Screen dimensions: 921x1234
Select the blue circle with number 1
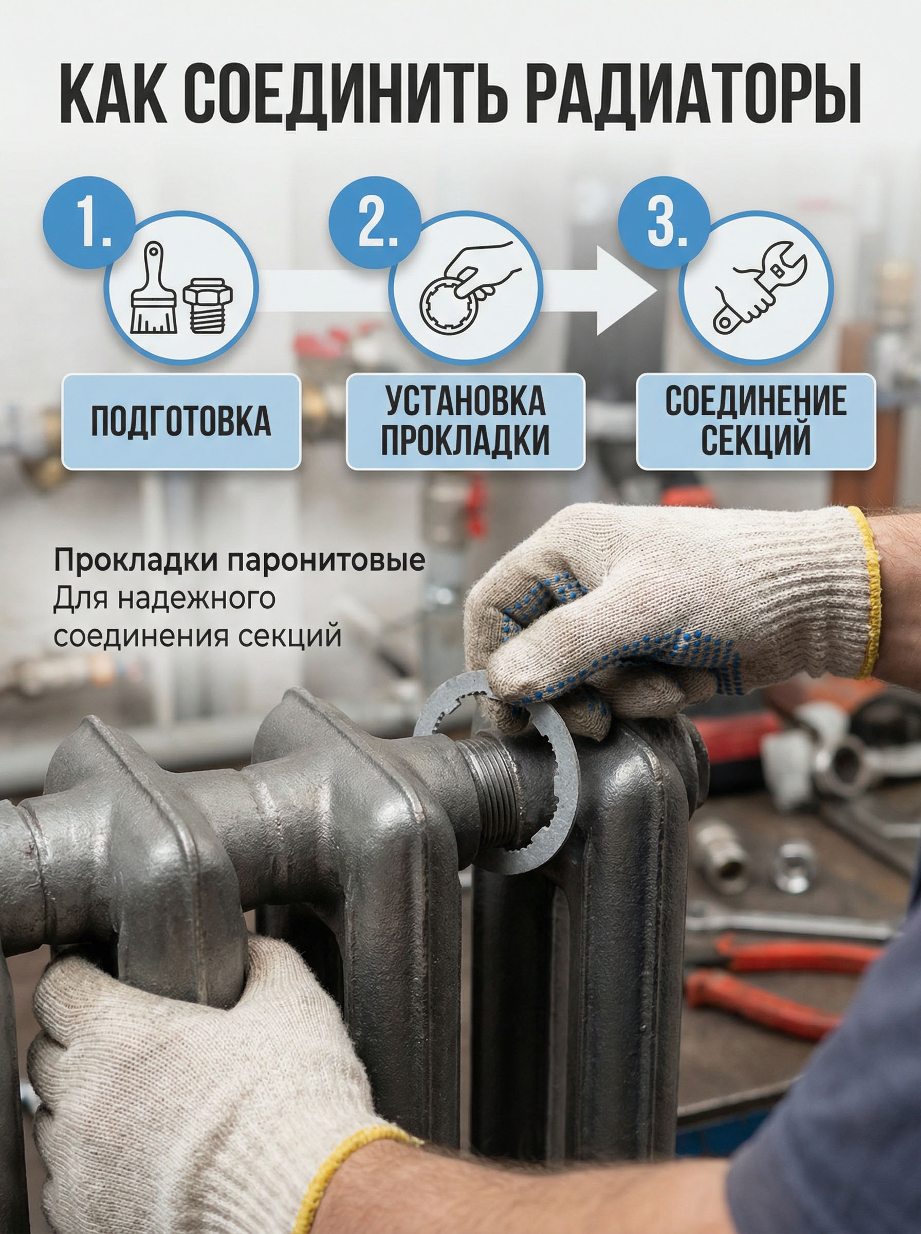pyautogui.click(x=89, y=222)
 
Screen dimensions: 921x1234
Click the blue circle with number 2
pyautogui.click(x=375, y=222)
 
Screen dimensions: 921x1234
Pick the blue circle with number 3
pyautogui.click(x=665, y=222)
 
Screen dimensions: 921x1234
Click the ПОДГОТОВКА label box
pyautogui.click(x=181, y=422)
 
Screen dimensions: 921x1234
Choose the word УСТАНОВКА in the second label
pyautogui.click(x=466, y=401)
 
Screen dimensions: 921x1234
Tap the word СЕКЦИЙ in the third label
pyautogui.click(x=756, y=440)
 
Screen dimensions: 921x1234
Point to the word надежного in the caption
pyautogui.click(x=197, y=599)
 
